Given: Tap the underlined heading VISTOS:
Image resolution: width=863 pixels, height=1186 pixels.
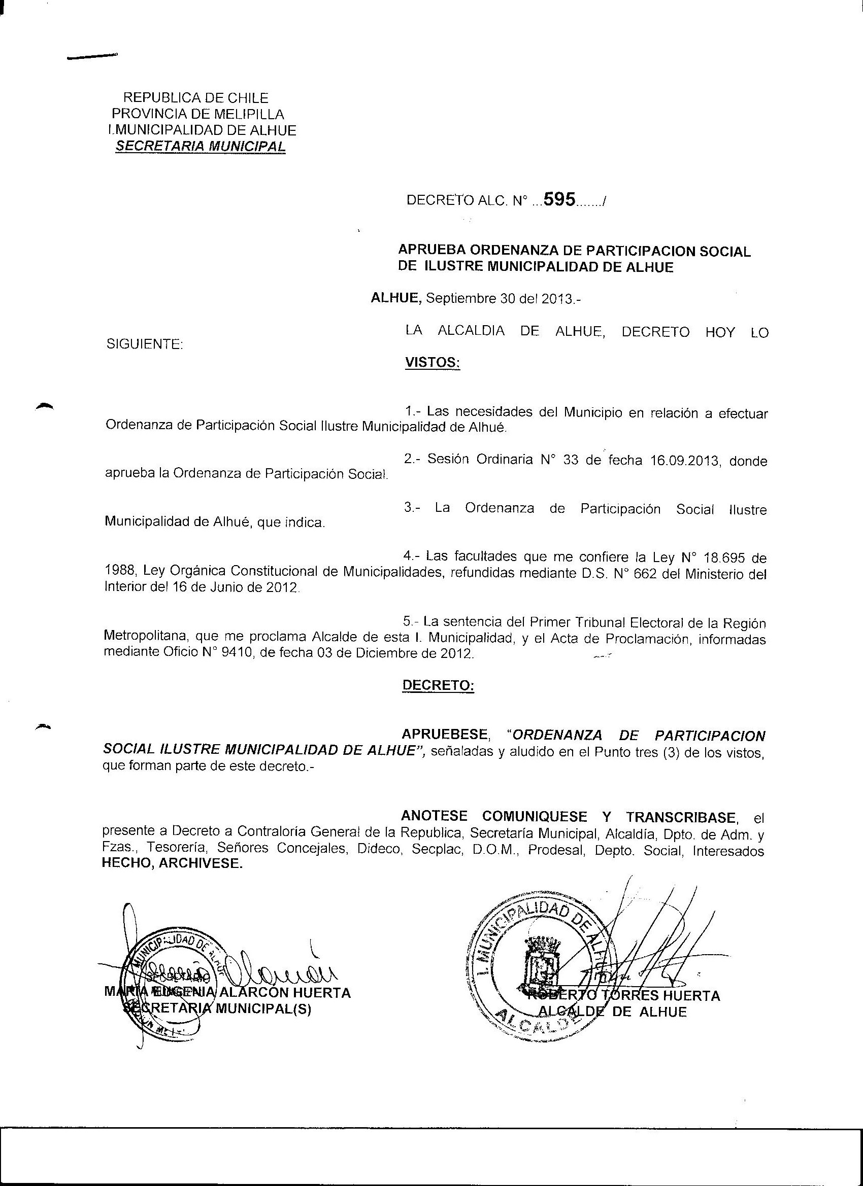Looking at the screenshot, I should click(x=433, y=362).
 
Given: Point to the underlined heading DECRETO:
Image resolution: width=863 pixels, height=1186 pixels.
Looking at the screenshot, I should click(x=438, y=685).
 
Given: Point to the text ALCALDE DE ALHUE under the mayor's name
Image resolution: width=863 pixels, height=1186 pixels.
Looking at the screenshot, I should click(x=612, y=1012).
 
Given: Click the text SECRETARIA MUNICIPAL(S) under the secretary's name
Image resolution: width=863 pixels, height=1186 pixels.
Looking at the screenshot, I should click(x=217, y=1009).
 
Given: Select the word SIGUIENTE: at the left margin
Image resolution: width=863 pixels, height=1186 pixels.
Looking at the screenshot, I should click(x=145, y=344).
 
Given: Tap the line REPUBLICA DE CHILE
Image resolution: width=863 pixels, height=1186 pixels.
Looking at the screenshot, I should click(x=195, y=98).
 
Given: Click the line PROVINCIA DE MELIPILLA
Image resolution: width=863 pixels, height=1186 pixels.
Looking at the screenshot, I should click(x=198, y=114).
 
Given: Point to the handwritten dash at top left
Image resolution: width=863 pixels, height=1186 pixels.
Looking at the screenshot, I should click(x=92, y=56).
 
